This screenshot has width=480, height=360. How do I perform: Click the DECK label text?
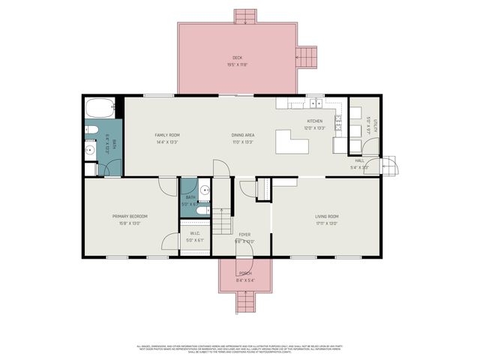[x=237, y=58]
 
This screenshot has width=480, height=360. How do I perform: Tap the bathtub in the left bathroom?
[x=100, y=108]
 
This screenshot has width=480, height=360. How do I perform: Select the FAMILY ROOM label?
[x=167, y=135]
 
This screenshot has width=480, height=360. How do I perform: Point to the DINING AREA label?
[x=242, y=135]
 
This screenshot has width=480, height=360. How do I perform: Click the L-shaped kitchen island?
[x=291, y=142]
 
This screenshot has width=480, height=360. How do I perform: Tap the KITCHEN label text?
[x=314, y=121]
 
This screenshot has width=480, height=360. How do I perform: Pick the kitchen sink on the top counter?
[x=314, y=102]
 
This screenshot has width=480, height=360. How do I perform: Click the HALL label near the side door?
[x=359, y=160]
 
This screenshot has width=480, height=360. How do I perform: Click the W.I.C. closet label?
[x=195, y=233]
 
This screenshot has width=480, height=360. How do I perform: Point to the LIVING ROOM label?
[x=326, y=216]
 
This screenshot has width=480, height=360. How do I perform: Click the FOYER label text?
[x=244, y=235]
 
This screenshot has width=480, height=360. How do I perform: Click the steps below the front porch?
[x=244, y=303]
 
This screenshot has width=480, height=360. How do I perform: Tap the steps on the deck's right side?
[x=307, y=55]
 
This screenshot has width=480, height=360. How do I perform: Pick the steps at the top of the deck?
[x=245, y=16]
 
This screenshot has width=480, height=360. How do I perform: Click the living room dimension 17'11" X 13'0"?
[x=326, y=223]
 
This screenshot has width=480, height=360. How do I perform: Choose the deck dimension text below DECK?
[x=237, y=65]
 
